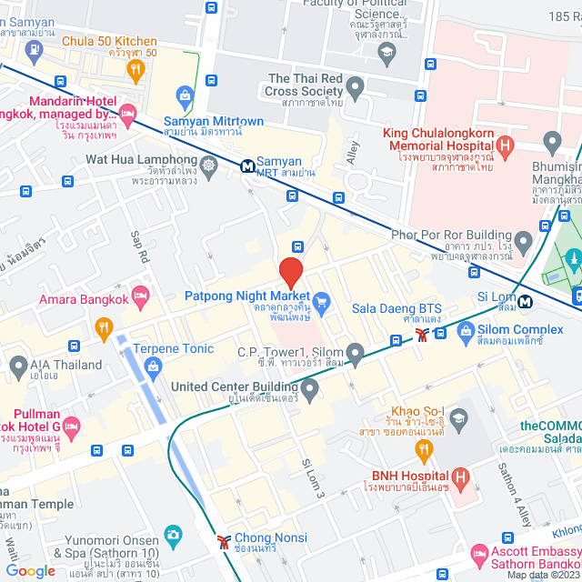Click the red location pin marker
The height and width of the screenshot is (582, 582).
coord(290,272)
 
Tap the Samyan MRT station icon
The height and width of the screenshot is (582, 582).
coord(247,166)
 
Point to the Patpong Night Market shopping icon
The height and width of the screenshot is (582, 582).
coord(320,300)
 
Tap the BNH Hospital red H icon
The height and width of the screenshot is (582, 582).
coord(460,476)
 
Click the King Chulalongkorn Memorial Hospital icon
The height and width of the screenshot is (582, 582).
coord(507,144)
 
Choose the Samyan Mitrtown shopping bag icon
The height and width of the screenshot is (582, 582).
coord(186,95)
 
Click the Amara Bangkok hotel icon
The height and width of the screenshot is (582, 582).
coord(140,295)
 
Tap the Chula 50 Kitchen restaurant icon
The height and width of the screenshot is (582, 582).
coord(135,68)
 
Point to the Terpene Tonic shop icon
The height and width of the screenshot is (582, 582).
coord(151,365)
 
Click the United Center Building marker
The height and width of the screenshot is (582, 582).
coord(310,392)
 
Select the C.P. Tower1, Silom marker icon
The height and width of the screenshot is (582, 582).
coord(355,352)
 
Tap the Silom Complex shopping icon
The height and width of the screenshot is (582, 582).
coord(467,329)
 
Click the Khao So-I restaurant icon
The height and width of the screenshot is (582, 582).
coord(423,448)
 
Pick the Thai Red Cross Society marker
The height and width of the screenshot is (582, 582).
coord(355,88)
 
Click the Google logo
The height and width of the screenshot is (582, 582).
coord(30,571)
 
